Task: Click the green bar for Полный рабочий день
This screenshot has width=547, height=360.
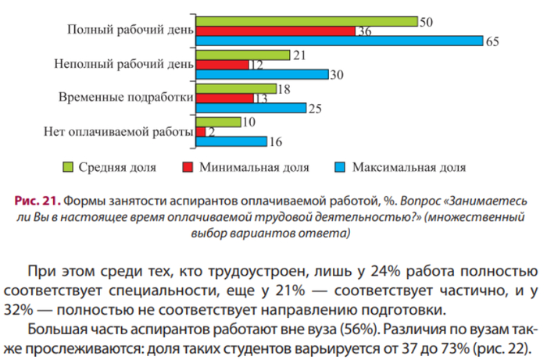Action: pyautogui.click(x=306, y=21)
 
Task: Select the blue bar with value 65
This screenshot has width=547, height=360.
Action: pyautogui.click(x=339, y=41)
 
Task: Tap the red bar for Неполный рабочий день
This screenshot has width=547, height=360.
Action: pyautogui.click(x=223, y=65)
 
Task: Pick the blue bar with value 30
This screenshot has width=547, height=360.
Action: pyautogui.click(x=263, y=75)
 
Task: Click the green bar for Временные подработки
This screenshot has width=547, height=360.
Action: pyautogui.click(x=236, y=88)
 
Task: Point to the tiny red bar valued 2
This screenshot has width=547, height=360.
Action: pyautogui.click(x=201, y=132)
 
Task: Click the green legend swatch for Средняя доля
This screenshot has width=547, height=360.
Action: pyautogui.click(x=68, y=167)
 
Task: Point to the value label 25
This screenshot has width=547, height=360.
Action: pyautogui.click(x=316, y=109)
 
